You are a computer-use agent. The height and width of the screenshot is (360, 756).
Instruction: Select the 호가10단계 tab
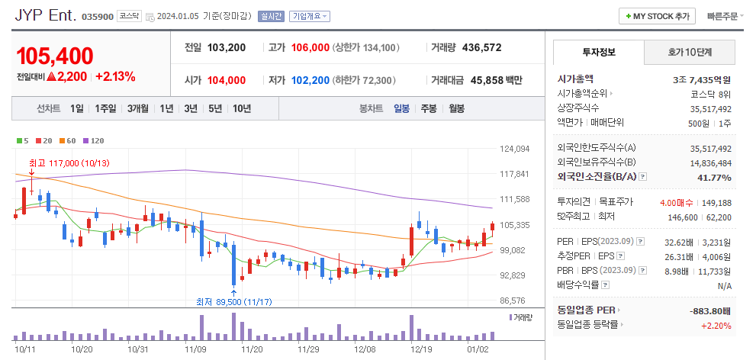pos(689,53)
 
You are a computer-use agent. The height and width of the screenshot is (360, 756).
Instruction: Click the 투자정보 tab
pos(598,53)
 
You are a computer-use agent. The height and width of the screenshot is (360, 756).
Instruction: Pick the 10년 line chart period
pos(241,108)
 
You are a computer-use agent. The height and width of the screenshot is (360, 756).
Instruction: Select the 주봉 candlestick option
pos(428,108)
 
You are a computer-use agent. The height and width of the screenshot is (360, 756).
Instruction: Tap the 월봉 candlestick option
pos(456,108)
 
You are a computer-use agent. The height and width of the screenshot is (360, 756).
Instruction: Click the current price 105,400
pos(55,56)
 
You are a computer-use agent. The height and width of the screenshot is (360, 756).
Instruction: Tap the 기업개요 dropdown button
pos(310,16)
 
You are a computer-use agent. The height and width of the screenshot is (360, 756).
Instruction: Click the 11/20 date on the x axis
pos(252,349)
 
